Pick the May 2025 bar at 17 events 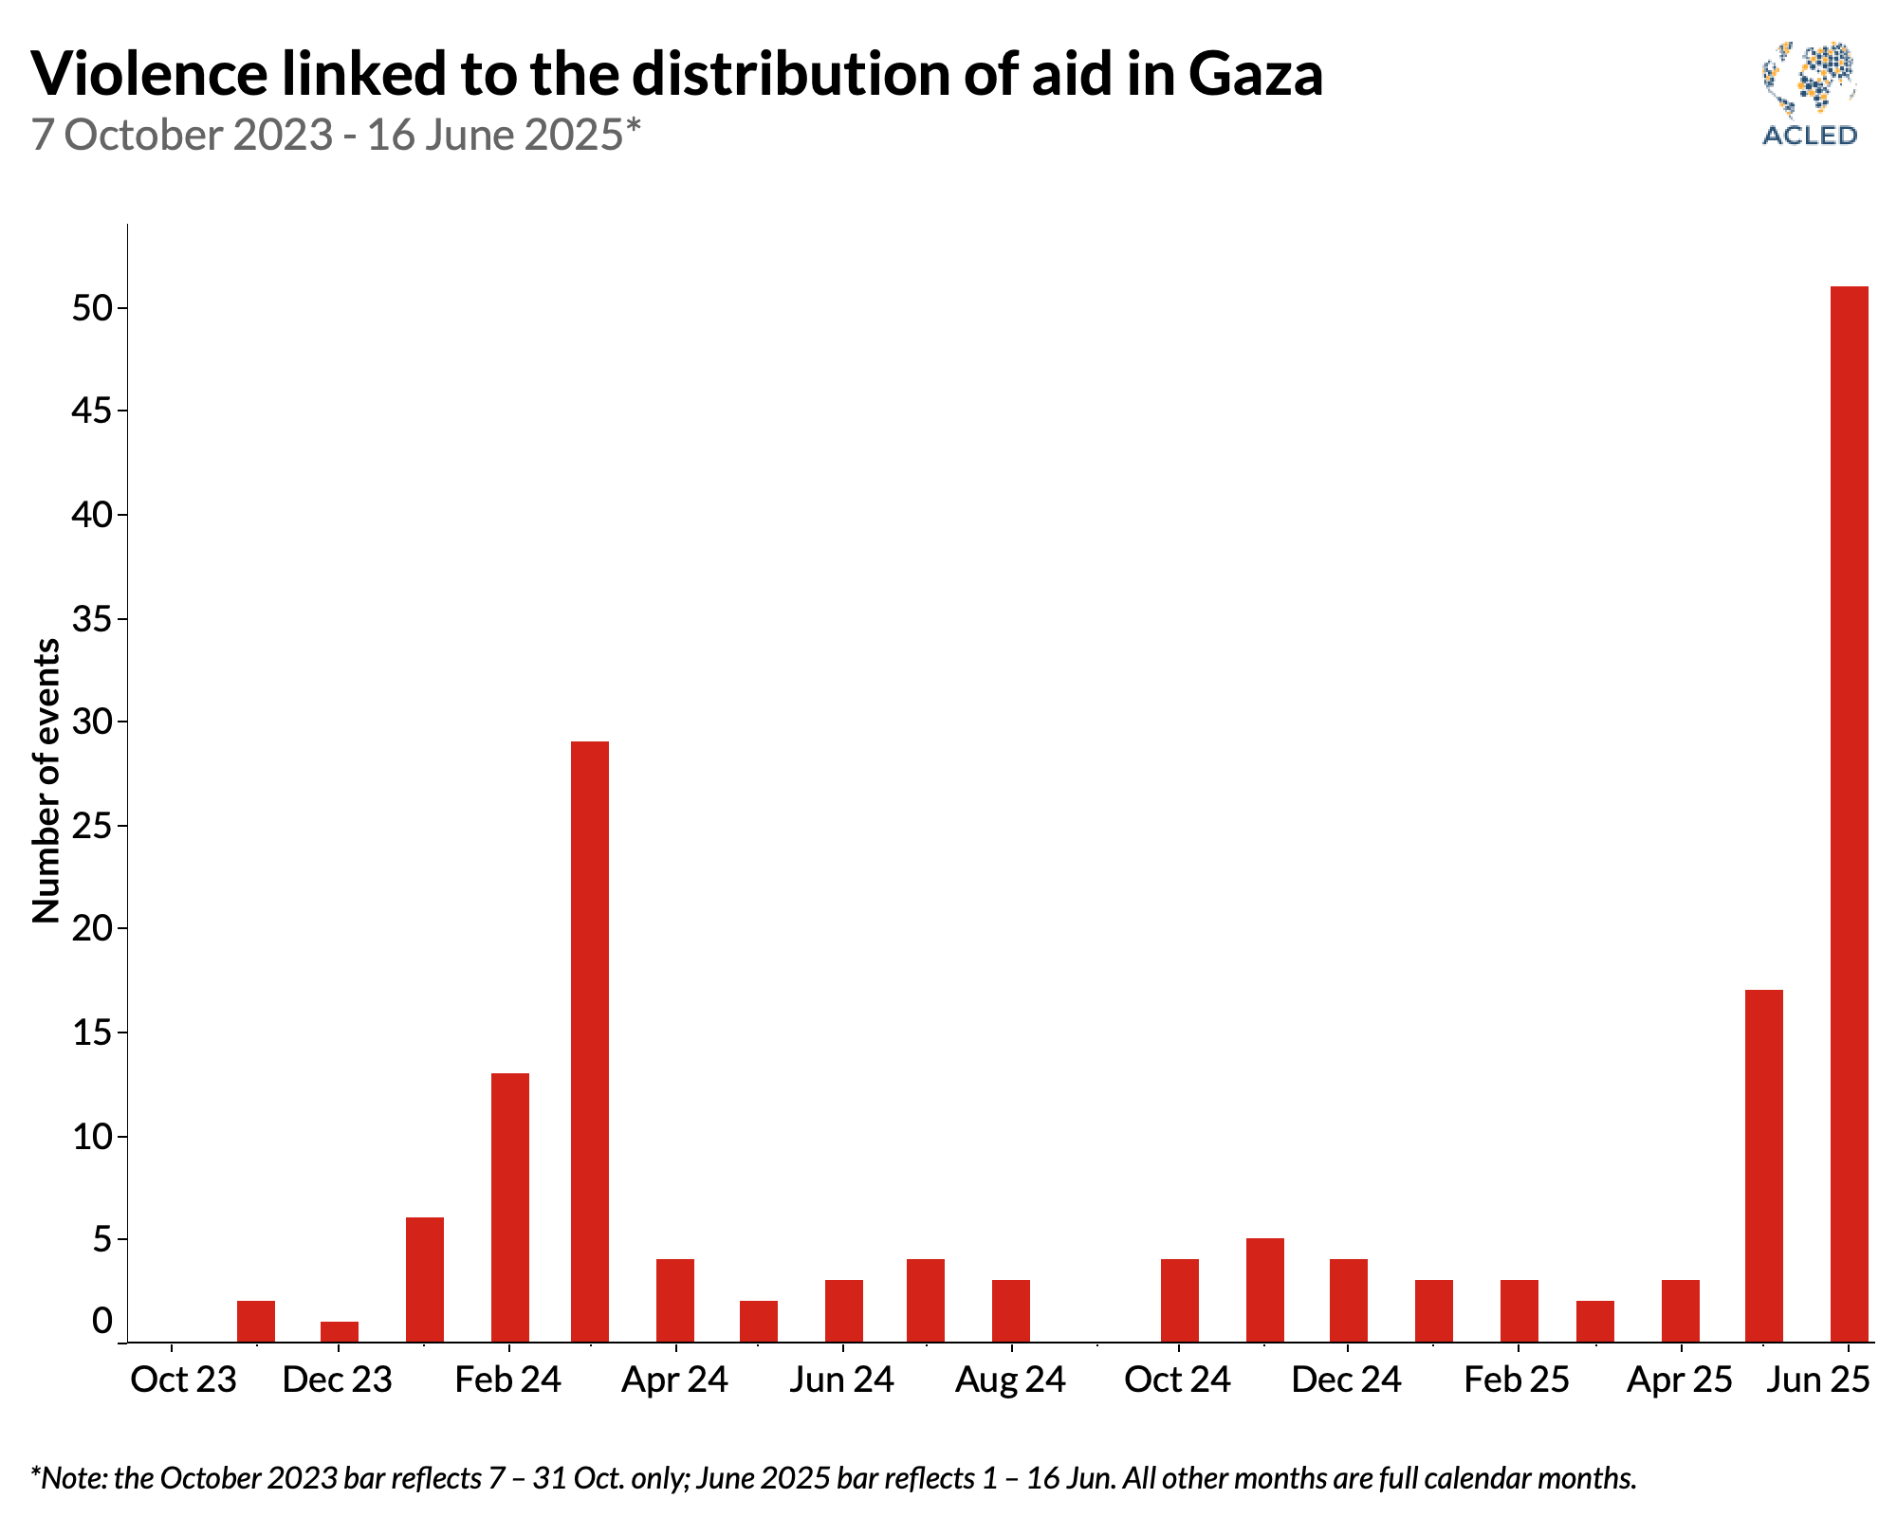(x=1764, y=1165)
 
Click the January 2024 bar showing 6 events (x=425, y=1279)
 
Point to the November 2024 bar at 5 (x=1264, y=1289)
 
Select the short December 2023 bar (x=340, y=1331)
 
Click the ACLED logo (x=1809, y=94)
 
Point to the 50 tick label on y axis (x=92, y=309)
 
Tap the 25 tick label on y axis (x=92, y=827)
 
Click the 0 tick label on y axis (x=101, y=1321)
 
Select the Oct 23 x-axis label (x=183, y=1380)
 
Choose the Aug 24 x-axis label (x=1010, y=1380)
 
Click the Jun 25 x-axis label (x=1817, y=1380)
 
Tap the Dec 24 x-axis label (x=1346, y=1380)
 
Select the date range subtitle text (x=337, y=135)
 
